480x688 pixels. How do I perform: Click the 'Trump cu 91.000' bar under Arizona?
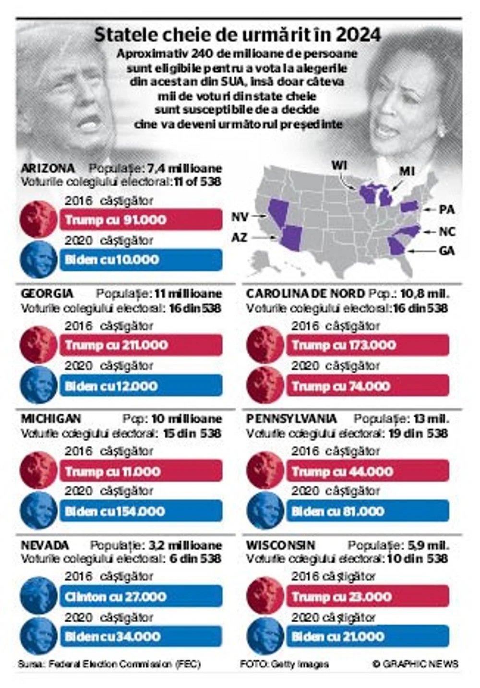click(x=141, y=220)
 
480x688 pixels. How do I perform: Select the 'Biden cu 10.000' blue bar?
click(x=141, y=260)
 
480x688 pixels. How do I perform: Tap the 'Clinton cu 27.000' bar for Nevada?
click(x=141, y=597)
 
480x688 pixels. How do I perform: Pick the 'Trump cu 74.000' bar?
click(x=367, y=386)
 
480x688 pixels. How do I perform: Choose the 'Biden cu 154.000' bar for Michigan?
click(x=141, y=511)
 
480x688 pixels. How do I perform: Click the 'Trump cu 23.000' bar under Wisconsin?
click(x=367, y=597)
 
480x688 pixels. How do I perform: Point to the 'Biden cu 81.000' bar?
click(x=367, y=511)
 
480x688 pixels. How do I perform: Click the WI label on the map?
click(x=339, y=166)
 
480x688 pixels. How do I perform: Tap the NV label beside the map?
click(x=240, y=217)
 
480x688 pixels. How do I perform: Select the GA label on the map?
click(x=446, y=251)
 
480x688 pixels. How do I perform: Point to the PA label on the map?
click(x=446, y=210)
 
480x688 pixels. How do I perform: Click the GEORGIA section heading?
click(x=47, y=293)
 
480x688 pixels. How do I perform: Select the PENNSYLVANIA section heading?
click(x=291, y=419)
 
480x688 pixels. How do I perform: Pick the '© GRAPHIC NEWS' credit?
click(x=415, y=664)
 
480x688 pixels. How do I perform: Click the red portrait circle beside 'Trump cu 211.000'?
click(x=38, y=345)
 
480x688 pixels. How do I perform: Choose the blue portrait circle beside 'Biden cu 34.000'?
click(x=38, y=636)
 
